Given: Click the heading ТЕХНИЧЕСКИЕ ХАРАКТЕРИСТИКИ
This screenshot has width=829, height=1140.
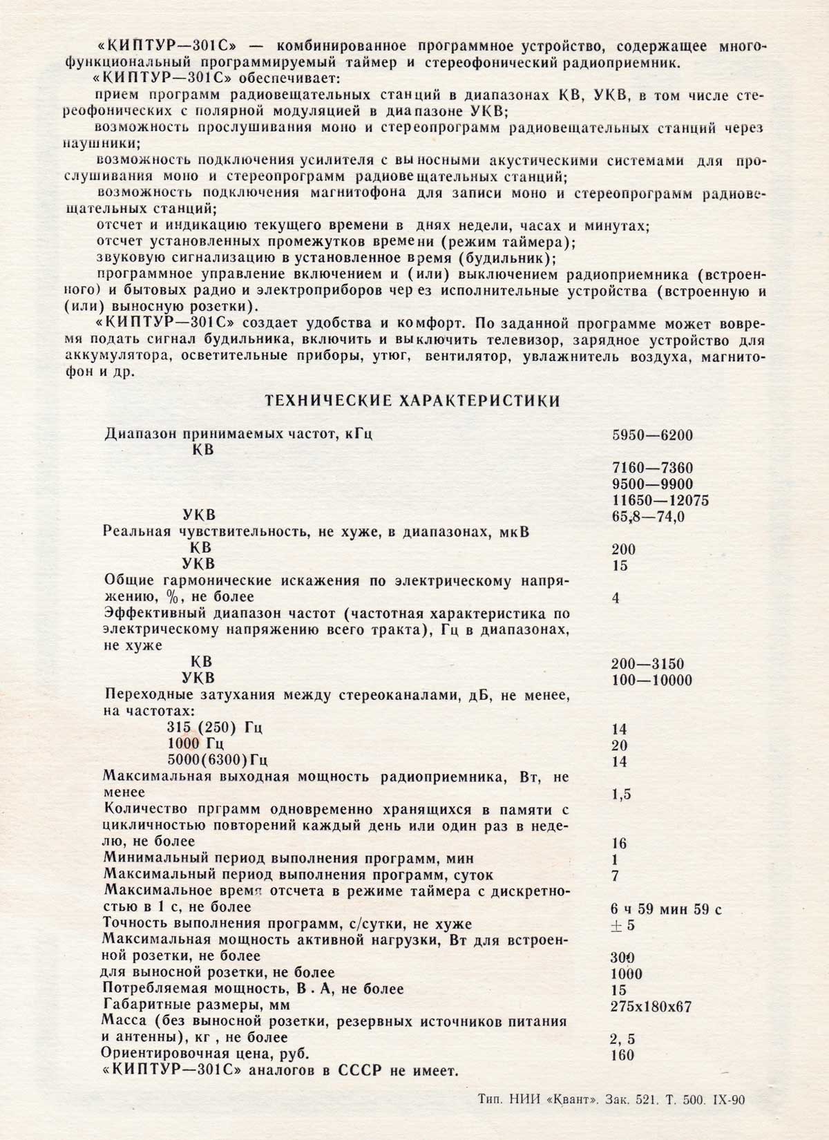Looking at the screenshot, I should [x=413, y=401].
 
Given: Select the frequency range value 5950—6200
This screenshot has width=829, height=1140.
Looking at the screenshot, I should [x=652, y=435].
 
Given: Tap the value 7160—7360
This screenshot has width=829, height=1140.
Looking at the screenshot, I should [x=652, y=468].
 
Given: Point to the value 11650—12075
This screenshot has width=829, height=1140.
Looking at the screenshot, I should [x=660, y=500].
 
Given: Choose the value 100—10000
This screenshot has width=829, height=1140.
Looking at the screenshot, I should [x=652, y=681].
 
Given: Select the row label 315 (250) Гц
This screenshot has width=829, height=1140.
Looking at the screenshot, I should [x=215, y=728].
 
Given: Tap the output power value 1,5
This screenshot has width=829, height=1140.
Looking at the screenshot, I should [x=622, y=794].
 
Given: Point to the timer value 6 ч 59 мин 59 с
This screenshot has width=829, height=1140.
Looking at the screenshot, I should [x=667, y=909].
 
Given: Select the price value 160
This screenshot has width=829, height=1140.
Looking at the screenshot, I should [x=622, y=1055].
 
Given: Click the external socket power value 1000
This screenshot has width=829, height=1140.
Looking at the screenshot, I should [x=627, y=974].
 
